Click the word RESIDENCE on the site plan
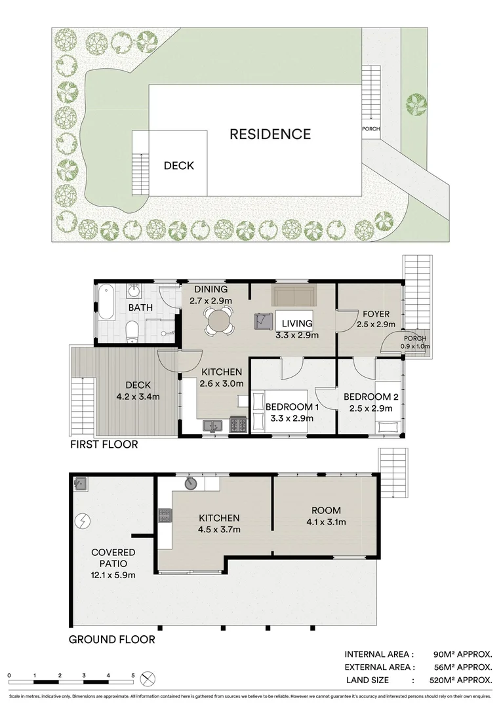[270, 134]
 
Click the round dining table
[218, 321]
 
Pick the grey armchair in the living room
[264, 321]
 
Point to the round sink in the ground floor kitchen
[191, 484]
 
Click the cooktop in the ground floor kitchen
[164, 515]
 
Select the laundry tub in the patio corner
[81, 484]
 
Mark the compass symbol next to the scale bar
[149, 678]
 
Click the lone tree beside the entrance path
[415, 104]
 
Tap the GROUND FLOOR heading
[112, 639]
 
